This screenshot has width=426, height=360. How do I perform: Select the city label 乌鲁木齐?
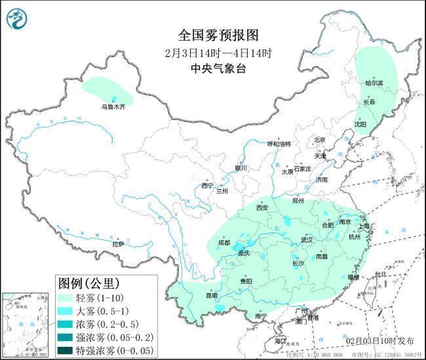[112, 106]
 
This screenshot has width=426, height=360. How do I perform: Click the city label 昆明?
[212, 296]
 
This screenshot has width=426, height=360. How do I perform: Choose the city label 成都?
[223, 243]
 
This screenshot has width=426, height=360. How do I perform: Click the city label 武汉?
[307, 240]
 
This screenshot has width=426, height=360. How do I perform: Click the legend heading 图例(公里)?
[88, 283]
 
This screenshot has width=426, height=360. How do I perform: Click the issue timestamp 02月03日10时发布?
[381, 341]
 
